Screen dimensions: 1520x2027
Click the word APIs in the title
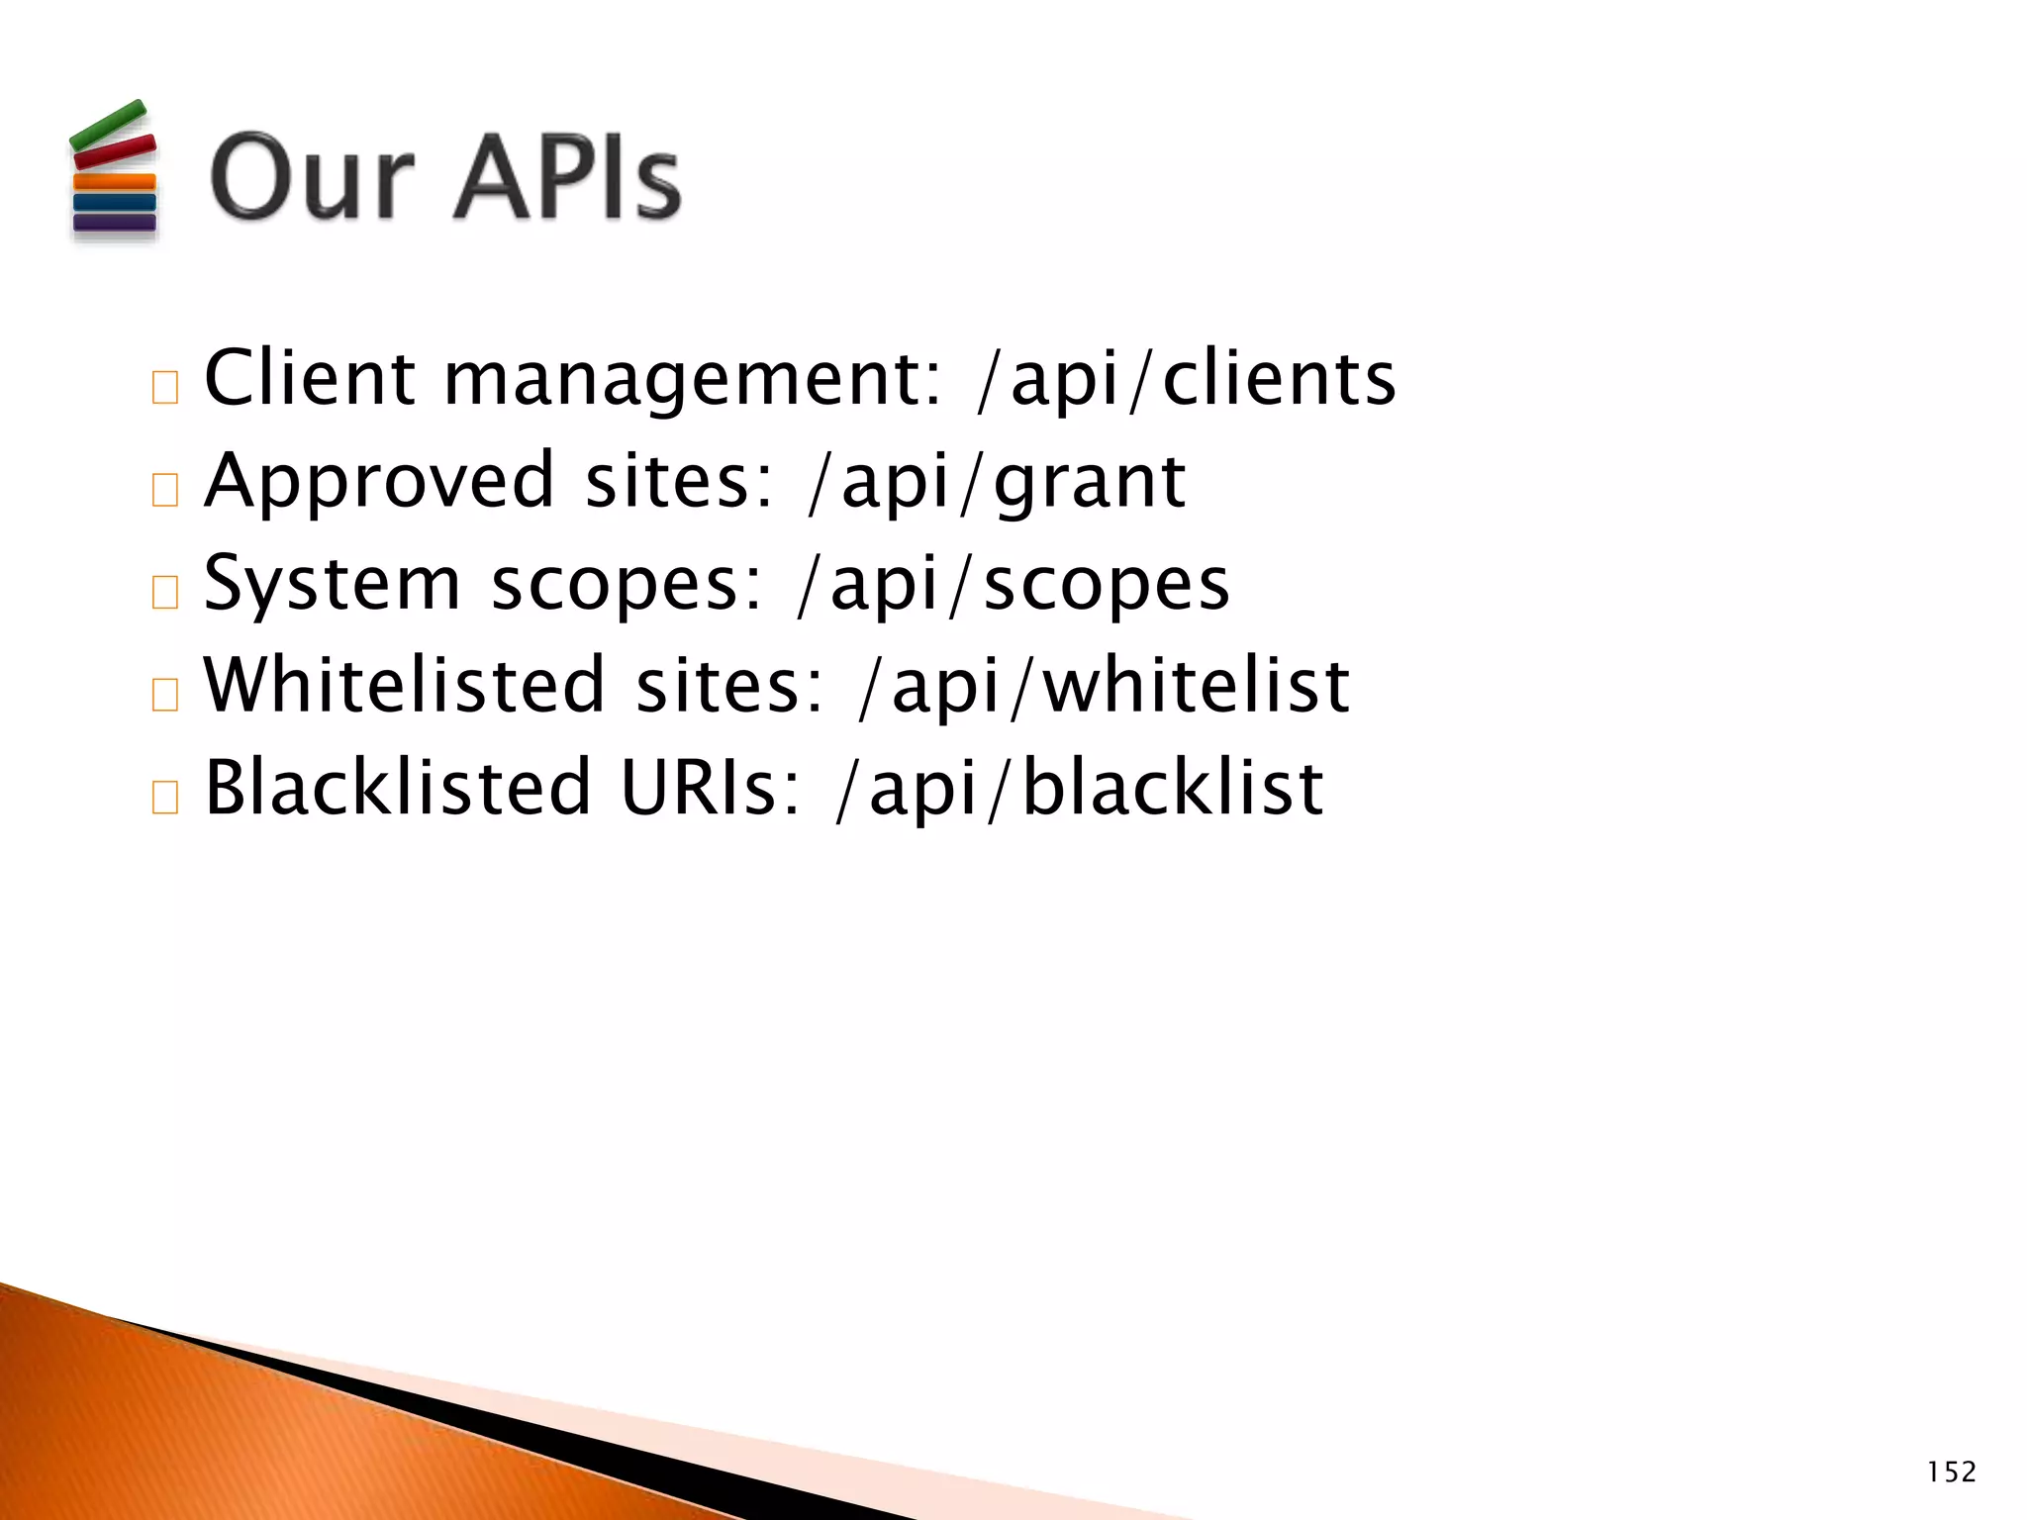point(568,178)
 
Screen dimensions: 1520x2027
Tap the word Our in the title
point(312,178)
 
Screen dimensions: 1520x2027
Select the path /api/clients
point(1186,379)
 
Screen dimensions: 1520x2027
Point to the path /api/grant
point(997,482)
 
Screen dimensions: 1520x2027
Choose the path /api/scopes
point(1013,584)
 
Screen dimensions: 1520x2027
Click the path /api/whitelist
point(1105,686)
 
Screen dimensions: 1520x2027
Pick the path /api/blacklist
point(1079,789)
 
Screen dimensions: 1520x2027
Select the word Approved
point(378,482)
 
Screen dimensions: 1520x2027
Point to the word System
point(332,584)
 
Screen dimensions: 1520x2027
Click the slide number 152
point(1951,1472)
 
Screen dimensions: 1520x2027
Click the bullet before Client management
point(165,387)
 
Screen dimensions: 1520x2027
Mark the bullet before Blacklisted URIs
point(165,797)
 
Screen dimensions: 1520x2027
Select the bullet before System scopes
point(165,592)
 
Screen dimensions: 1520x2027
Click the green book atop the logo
point(108,126)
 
